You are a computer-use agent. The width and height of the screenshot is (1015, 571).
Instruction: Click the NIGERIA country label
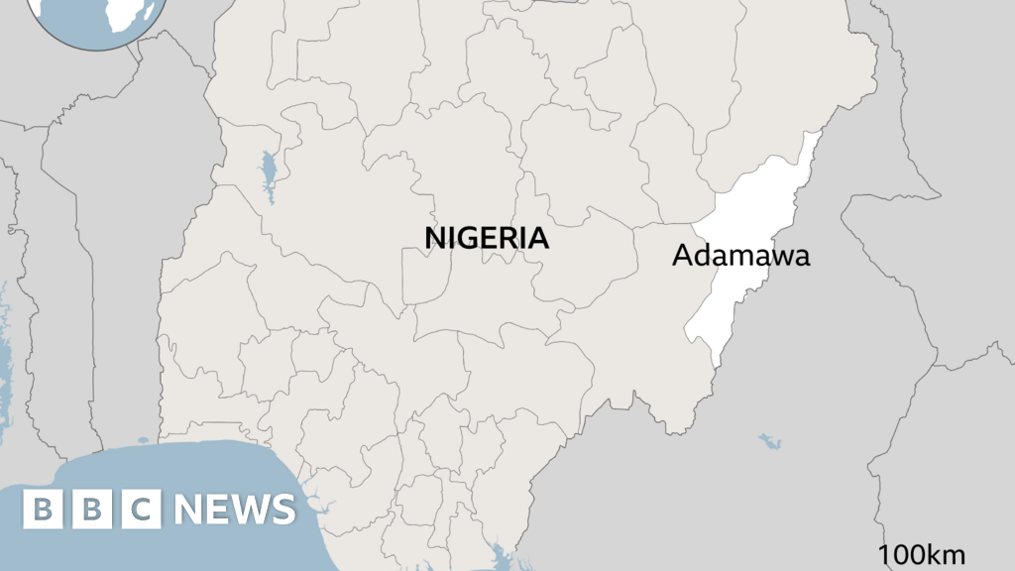487,238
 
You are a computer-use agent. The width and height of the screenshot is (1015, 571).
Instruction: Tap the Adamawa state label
740,256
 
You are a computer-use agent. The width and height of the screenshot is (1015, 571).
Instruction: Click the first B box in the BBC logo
43,510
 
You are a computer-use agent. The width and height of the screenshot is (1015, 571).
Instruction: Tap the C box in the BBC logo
142,510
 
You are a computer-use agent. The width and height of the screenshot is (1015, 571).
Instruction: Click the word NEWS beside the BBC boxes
235,510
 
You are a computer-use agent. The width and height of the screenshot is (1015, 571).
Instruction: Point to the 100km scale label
921,555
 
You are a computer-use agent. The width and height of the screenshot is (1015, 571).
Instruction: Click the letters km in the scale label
946,555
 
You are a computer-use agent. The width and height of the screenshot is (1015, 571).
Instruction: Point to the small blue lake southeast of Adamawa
770,440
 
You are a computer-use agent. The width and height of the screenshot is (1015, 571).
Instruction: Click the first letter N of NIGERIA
434,238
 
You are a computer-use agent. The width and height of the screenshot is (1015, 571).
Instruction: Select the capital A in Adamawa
681,256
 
